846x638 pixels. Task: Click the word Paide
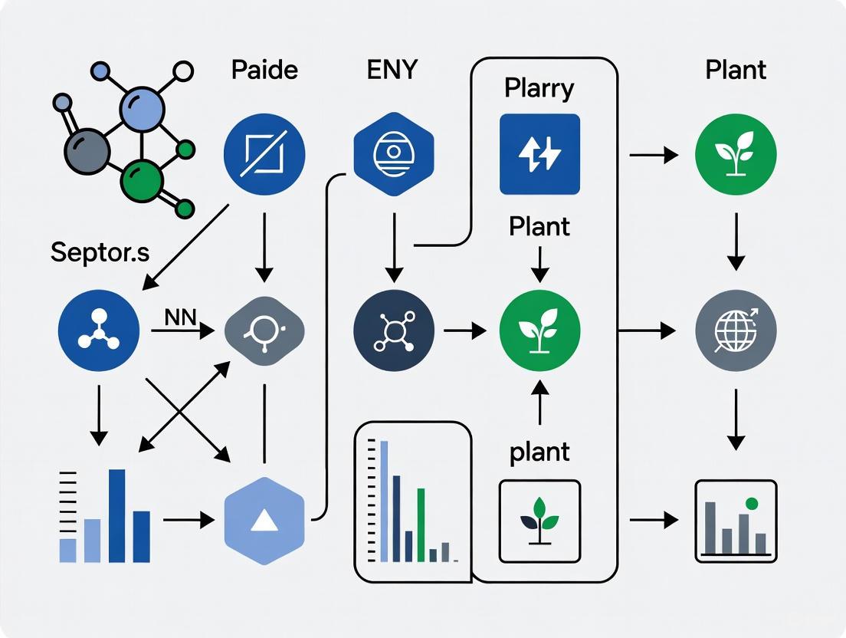pyautogui.click(x=264, y=70)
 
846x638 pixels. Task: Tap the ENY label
pyautogui.click(x=392, y=70)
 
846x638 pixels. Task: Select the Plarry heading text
pyautogui.click(x=539, y=88)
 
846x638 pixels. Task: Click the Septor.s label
pyautogui.click(x=100, y=252)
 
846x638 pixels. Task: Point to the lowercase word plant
pyautogui.click(x=539, y=452)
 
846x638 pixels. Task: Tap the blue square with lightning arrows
pyautogui.click(x=539, y=153)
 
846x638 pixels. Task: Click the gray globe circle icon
pyautogui.click(x=735, y=331)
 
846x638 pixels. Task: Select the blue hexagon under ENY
pyautogui.click(x=393, y=153)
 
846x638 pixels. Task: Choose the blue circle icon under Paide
pyautogui.click(x=264, y=153)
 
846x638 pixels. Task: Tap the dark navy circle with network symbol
pyautogui.click(x=393, y=331)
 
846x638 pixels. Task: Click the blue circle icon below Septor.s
pyautogui.click(x=99, y=331)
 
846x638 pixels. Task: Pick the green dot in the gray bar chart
pyautogui.click(x=751, y=504)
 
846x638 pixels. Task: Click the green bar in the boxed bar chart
pyautogui.click(x=421, y=525)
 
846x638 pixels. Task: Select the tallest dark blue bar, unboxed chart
pyautogui.click(x=117, y=515)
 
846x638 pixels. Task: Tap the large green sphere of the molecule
pyautogui.click(x=143, y=181)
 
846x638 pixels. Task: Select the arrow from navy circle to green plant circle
pyautogui.click(x=464, y=331)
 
